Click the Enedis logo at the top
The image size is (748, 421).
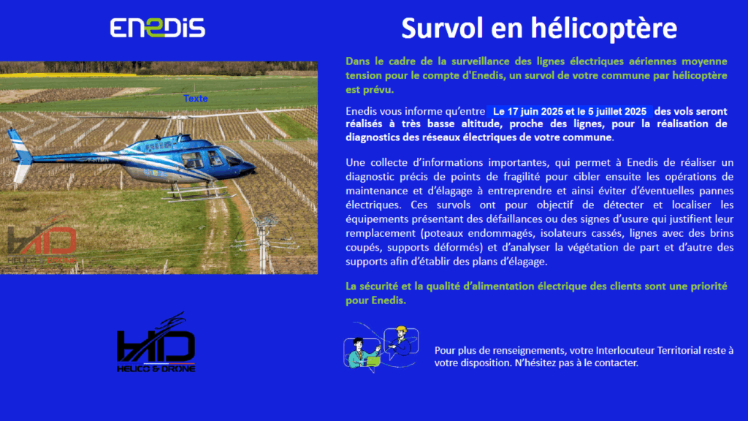click(x=158, y=28)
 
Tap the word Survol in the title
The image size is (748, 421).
click(x=442, y=29)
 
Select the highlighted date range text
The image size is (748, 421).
click(x=570, y=112)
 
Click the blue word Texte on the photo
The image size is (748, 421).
click(x=196, y=99)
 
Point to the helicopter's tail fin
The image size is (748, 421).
click(x=20, y=153)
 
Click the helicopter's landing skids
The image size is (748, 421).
click(x=199, y=191)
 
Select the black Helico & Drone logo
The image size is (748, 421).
click(x=156, y=343)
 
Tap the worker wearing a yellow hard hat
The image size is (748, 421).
click(x=401, y=341)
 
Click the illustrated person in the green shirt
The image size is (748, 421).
click(x=360, y=353)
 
